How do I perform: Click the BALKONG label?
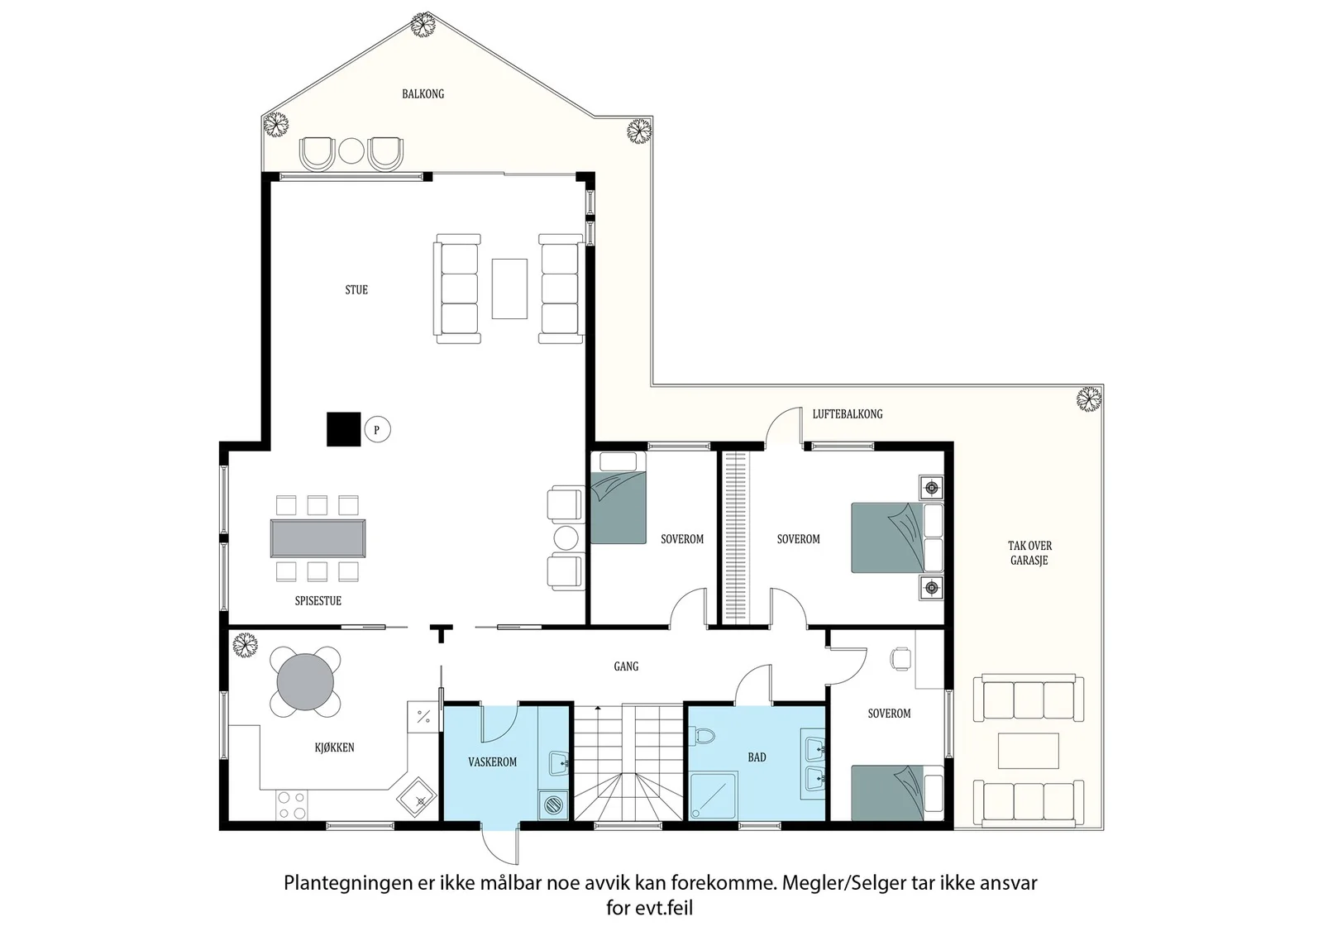tap(423, 94)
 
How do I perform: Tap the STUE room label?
tap(356, 290)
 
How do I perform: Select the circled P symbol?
tap(377, 429)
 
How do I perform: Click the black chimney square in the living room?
tap(344, 429)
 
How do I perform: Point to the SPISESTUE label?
tap(318, 601)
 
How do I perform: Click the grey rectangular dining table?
tap(318, 538)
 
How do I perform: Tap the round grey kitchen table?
tap(305, 682)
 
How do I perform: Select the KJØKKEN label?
tap(334, 747)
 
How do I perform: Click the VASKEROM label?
tap(493, 762)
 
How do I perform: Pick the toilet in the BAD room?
tap(702, 736)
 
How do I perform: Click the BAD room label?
tap(757, 757)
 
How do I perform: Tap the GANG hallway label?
tap(626, 666)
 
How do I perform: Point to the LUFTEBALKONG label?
tap(848, 414)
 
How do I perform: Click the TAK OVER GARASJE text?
tap(1029, 553)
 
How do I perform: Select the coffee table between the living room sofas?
tap(509, 289)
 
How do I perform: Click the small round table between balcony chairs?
tap(351, 151)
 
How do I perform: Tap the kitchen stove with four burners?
tap(292, 805)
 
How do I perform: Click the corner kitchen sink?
tap(417, 796)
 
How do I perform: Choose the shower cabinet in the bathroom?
tap(713, 796)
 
